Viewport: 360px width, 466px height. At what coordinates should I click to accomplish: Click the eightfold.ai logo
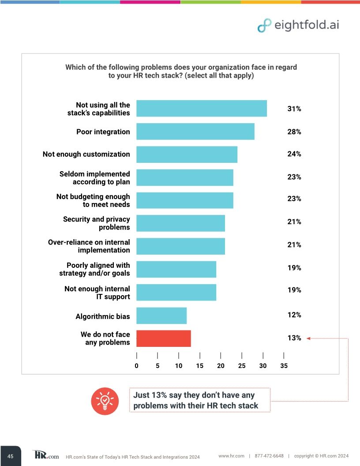click(x=298, y=25)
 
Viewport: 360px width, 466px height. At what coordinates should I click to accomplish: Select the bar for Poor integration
click(x=195, y=132)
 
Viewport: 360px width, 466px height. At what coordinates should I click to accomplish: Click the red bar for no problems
click(x=163, y=338)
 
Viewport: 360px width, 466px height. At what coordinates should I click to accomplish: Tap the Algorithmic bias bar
click(x=161, y=316)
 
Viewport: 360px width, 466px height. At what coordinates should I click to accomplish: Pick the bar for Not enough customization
click(x=187, y=154)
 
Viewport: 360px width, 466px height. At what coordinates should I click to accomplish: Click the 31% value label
click(x=294, y=109)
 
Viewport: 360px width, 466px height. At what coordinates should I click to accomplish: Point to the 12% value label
click(x=294, y=315)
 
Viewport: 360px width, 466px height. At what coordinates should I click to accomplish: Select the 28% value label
click(x=294, y=132)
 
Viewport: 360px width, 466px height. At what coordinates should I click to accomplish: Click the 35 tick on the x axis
click(x=284, y=365)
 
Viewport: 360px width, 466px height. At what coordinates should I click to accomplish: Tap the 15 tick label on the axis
click(x=199, y=365)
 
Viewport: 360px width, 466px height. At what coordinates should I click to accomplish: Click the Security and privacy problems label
click(x=96, y=223)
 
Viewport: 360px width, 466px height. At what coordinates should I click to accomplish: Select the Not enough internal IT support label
click(x=97, y=293)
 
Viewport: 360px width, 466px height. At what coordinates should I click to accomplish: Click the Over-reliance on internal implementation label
click(x=89, y=246)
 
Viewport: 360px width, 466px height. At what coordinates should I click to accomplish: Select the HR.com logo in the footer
click(x=45, y=455)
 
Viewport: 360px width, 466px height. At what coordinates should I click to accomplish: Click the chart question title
click(x=181, y=71)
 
